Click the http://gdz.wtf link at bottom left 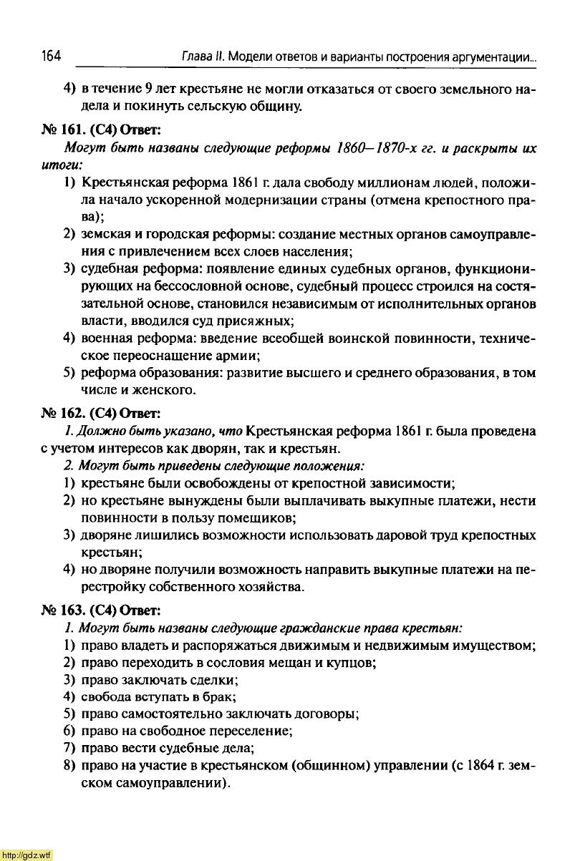point(26,855)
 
